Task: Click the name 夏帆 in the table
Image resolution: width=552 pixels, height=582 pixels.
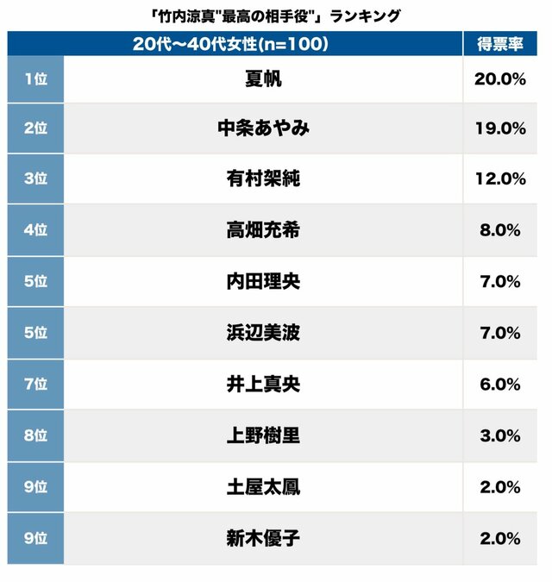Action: [x=263, y=78]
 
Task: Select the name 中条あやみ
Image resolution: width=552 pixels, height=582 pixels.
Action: [x=263, y=128]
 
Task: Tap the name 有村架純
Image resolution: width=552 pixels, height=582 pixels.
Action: [x=263, y=179]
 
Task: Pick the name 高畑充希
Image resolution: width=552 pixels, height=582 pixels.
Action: [x=263, y=230]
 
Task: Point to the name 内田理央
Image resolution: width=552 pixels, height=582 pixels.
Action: [x=263, y=281]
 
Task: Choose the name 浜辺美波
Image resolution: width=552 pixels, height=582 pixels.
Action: [x=263, y=333]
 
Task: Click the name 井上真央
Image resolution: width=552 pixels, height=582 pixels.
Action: [x=263, y=384]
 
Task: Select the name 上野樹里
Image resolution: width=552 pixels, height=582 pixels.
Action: [x=263, y=435]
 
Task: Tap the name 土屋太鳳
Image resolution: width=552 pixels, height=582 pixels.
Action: [x=263, y=487]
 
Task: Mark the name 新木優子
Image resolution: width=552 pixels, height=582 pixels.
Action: [x=263, y=539]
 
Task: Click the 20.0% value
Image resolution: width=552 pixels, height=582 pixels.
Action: [x=500, y=78]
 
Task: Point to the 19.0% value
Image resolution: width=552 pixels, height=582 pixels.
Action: [x=500, y=128]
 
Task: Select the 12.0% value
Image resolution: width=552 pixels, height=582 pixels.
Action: [x=500, y=179]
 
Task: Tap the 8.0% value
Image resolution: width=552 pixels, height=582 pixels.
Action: [x=500, y=230]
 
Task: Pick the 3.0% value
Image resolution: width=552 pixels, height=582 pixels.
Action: [x=500, y=435]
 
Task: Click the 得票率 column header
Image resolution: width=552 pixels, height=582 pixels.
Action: [x=500, y=44]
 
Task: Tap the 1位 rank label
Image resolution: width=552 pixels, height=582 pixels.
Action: [x=35, y=78]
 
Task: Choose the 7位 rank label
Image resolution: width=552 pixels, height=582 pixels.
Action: [x=35, y=384]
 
